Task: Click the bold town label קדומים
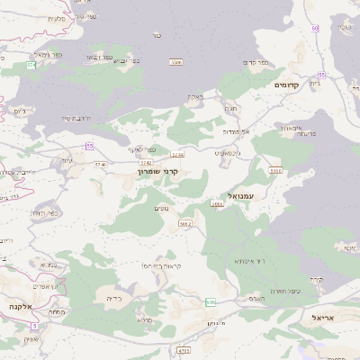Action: point(291,84)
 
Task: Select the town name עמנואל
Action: point(242,195)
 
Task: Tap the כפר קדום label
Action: point(256,62)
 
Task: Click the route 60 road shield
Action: point(315,29)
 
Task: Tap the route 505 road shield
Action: point(211,302)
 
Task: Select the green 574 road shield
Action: point(31,66)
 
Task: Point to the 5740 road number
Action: point(100,165)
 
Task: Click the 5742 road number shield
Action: point(144,161)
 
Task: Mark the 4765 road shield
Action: point(184,350)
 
